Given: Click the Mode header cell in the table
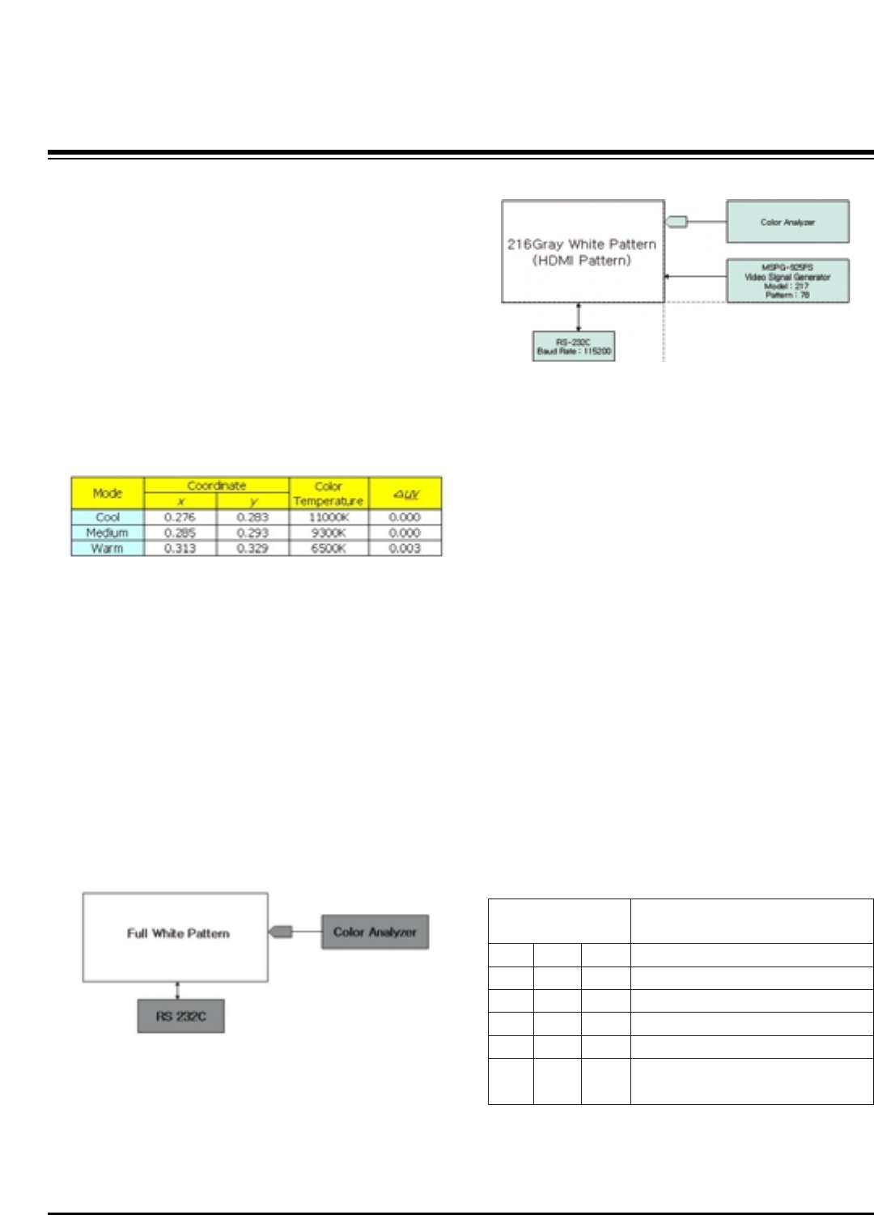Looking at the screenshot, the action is click(108, 493).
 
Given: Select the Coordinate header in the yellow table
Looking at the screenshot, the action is click(216, 486).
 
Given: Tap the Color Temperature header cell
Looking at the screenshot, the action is click(329, 494).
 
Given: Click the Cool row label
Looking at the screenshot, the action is click(108, 517).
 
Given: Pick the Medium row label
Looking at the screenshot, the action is click(108, 533).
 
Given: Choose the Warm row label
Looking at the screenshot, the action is click(108, 548).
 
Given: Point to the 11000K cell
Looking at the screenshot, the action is click(329, 517).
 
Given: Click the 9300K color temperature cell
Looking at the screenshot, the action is click(329, 533).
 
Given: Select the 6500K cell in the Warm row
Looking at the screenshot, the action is click(329, 548).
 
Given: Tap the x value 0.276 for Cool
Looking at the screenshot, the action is click(180, 517).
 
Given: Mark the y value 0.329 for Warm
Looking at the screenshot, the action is click(252, 548).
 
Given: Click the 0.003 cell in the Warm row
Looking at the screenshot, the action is click(405, 548).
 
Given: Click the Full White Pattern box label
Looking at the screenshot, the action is click(178, 933).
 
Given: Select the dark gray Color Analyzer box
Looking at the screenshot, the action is click(375, 932).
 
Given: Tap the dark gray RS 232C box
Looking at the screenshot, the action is click(180, 1017).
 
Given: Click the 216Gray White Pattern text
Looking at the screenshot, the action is click(582, 244).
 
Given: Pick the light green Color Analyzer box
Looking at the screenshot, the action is click(787, 222).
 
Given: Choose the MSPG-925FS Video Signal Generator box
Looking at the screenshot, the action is click(787, 281).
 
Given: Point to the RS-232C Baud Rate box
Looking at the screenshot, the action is click(574, 346).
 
